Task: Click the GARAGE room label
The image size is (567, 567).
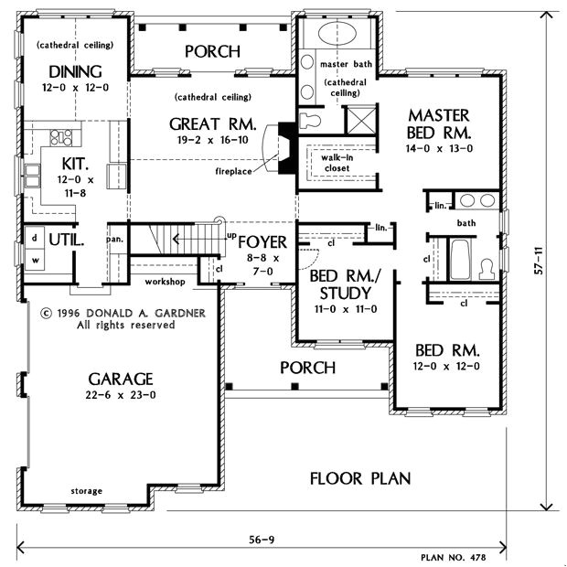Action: click(121, 378)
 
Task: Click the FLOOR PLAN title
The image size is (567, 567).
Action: click(359, 478)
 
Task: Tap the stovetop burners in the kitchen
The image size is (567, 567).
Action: click(61, 138)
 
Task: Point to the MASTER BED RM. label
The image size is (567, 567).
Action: click(438, 123)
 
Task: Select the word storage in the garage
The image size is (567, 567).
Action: click(88, 491)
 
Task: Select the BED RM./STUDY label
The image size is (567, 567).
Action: click(339, 284)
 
